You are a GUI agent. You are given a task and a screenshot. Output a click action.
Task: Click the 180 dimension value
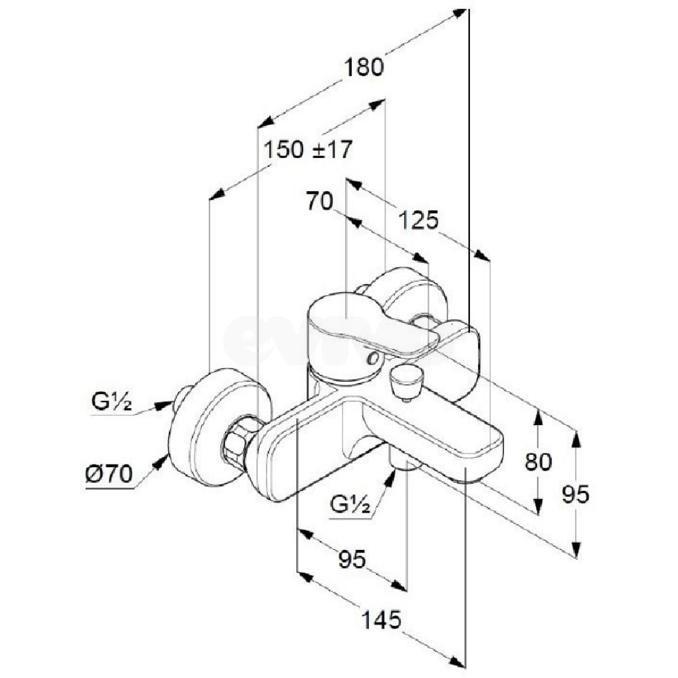(x=364, y=68)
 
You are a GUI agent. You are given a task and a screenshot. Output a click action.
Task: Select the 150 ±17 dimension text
(x=308, y=149)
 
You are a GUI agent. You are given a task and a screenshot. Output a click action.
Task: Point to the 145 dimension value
(x=381, y=619)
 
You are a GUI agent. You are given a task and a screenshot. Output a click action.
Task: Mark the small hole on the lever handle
(x=371, y=357)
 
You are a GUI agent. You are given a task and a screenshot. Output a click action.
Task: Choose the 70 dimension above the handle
(x=320, y=201)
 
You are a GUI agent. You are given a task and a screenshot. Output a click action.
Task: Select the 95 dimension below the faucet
(x=352, y=559)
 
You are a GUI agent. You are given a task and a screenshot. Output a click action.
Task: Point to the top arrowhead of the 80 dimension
(x=538, y=415)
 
